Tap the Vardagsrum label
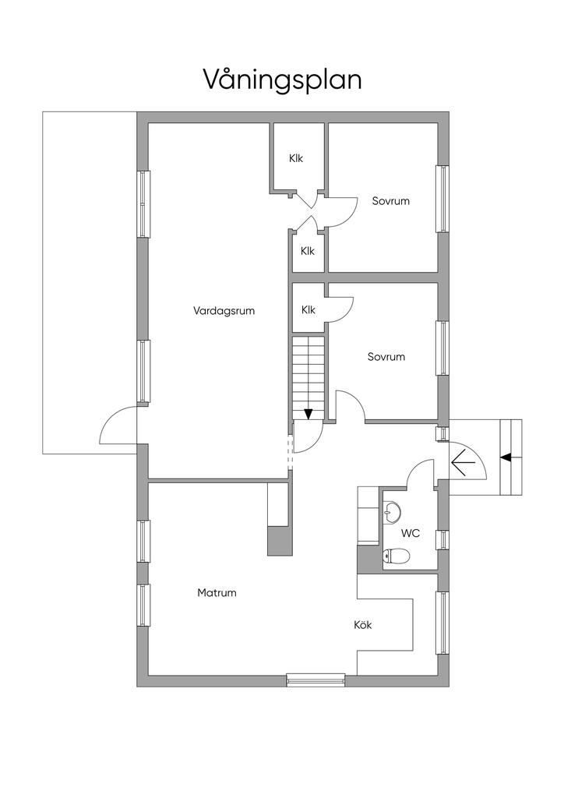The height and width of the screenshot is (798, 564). (x=224, y=311)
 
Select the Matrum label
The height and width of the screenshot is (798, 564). (x=217, y=593)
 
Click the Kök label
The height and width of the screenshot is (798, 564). (x=362, y=624)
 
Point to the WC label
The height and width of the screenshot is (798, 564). (x=411, y=533)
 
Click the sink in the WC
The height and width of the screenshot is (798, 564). (x=392, y=512)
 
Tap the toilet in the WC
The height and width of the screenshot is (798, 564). (x=396, y=556)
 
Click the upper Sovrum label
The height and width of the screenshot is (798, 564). (x=390, y=201)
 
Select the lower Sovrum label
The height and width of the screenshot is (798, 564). (x=386, y=357)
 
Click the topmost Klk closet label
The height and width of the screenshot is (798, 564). (x=296, y=158)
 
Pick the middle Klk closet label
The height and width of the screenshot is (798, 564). (x=308, y=251)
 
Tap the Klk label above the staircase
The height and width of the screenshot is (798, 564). (x=308, y=310)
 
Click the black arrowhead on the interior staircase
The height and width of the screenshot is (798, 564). (x=308, y=415)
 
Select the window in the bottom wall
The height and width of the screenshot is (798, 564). (x=315, y=680)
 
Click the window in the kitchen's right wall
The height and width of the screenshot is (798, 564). (x=443, y=623)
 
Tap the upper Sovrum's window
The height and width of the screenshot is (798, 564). (x=443, y=199)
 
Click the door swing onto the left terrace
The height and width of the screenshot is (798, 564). (x=118, y=425)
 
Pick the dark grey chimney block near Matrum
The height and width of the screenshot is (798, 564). (x=280, y=541)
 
